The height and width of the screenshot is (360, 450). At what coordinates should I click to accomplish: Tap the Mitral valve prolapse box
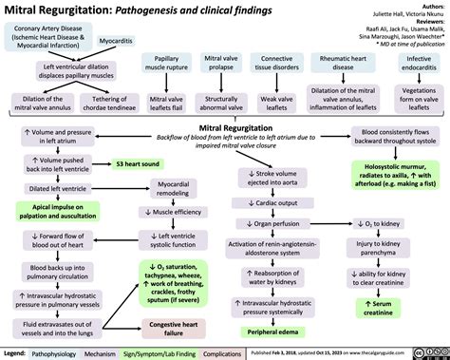pyautogui.click(x=221, y=66)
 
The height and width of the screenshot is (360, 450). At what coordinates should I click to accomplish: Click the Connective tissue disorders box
pyautogui.click(x=276, y=66)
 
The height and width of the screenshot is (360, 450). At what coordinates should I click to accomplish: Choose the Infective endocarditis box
pyautogui.click(x=419, y=66)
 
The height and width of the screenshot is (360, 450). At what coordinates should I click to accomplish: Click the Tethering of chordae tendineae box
pyautogui.click(x=93, y=103)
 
